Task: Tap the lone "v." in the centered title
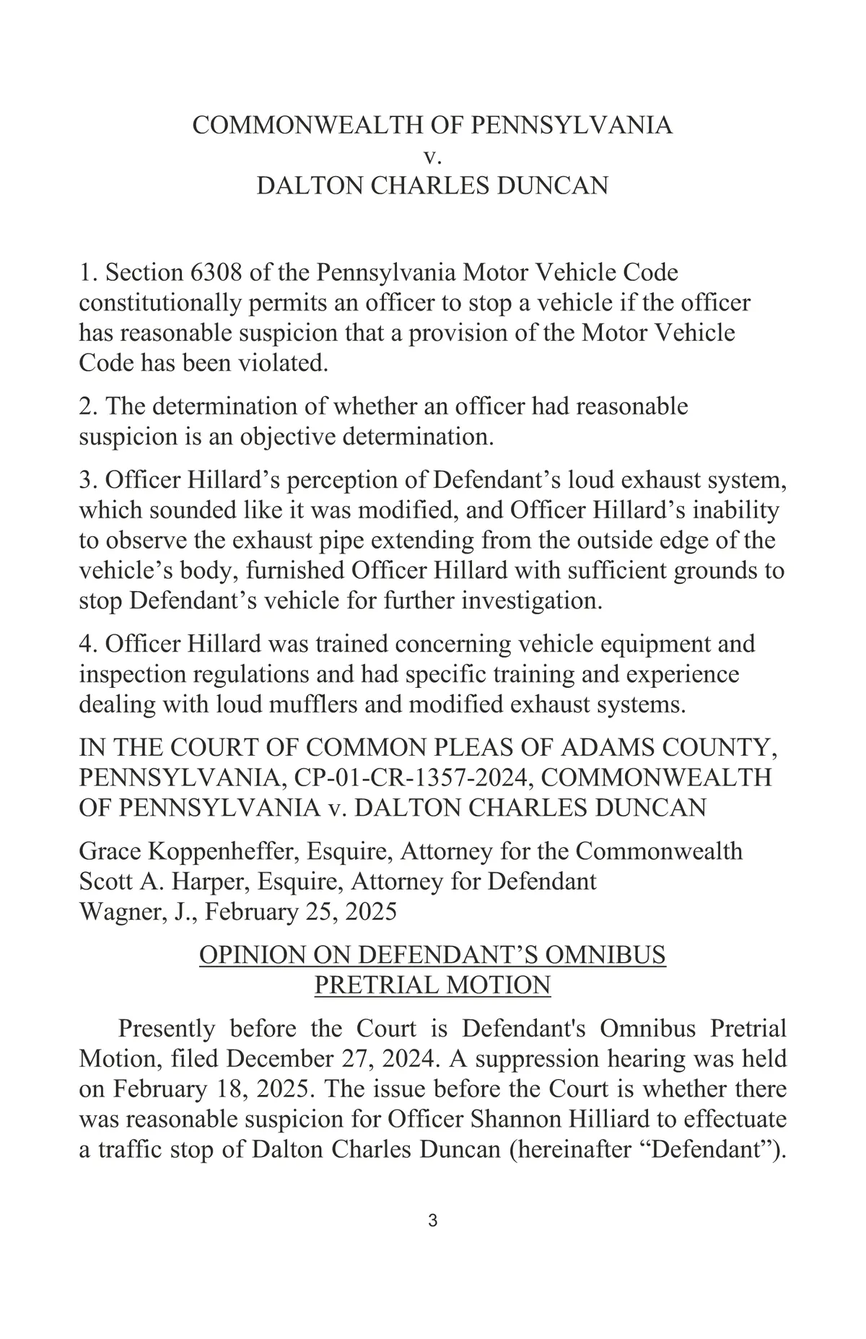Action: [x=433, y=156]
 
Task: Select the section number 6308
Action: [x=209, y=273]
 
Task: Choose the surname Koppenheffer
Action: [x=224, y=851]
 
